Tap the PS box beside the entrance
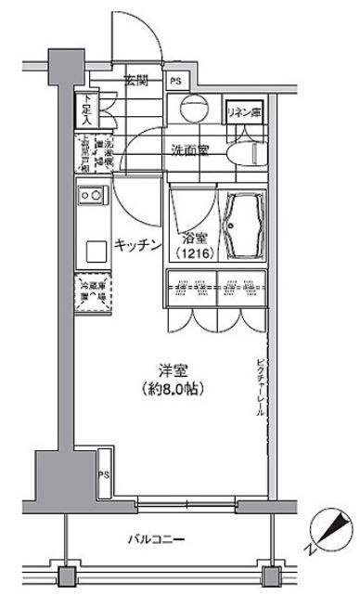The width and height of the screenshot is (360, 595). tap(176, 82)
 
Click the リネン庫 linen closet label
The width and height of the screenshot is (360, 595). tap(244, 112)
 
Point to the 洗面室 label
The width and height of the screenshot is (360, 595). tap(189, 149)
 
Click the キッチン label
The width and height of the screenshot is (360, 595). tap(139, 244)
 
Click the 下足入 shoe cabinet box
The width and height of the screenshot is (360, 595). tap(84, 109)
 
